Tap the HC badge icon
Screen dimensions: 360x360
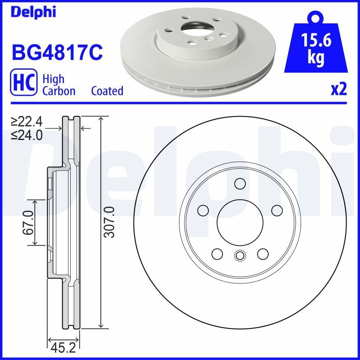(x=23, y=84)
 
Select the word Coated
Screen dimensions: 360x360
(x=107, y=91)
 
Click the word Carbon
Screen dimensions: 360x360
(x=58, y=91)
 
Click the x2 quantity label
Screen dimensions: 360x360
(x=339, y=90)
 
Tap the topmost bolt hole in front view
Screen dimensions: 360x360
(x=239, y=184)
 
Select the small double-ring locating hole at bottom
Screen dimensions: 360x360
(x=239, y=256)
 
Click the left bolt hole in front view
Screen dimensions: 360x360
(x=203, y=210)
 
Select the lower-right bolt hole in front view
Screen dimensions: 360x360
(x=262, y=253)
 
